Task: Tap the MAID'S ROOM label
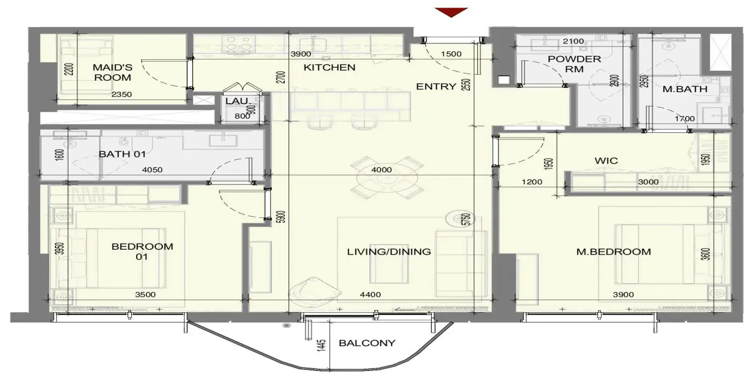(x=112, y=72)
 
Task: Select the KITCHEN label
(x=329, y=67)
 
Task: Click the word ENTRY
(x=436, y=87)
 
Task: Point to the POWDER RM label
(x=574, y=64)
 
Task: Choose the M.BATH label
(x=685, y=89)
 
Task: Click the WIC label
(x=606, y=161)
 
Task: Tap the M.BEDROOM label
(x=613, y=252)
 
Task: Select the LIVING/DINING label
(x=389, y=252)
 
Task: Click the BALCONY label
(x=367, y=343)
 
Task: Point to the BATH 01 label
(x=122, y=154)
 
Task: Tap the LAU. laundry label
(x=238, y=102)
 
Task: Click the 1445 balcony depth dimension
(x=321, y=346)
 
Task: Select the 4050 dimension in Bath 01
(x=152, y=170)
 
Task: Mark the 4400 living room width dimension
(x=370, y=295)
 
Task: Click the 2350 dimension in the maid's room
(x=121, y=94)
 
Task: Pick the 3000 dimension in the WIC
(x=648, y=182)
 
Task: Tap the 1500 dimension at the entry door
(x=451, y=54)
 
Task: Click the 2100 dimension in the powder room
(x=573, y=42)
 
